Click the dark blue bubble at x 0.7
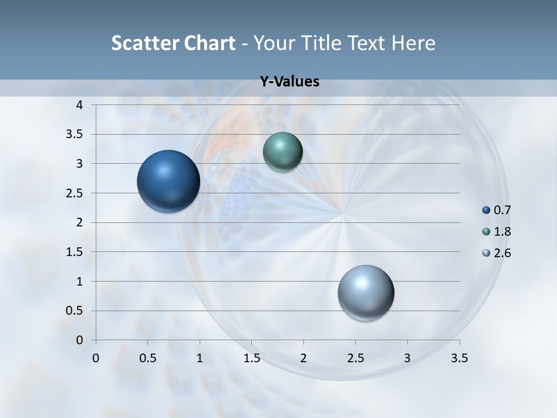[168, 181]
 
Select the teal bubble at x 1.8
[283, 152]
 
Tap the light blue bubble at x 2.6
[366, 293]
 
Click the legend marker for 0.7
[486, 210]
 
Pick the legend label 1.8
[502, 232]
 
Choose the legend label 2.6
[502, 253]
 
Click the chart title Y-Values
[290, 82]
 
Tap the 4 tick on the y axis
[79, 105]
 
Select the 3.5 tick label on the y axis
[74, 135]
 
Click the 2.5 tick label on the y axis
[74, 193]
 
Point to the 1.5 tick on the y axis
[74, 252]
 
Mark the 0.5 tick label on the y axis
[74, 311]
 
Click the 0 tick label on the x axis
[96, 358]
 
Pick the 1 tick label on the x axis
[200, 358]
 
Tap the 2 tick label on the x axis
[303, 358]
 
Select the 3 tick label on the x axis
[407, 358]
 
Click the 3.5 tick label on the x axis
[459, 358]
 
